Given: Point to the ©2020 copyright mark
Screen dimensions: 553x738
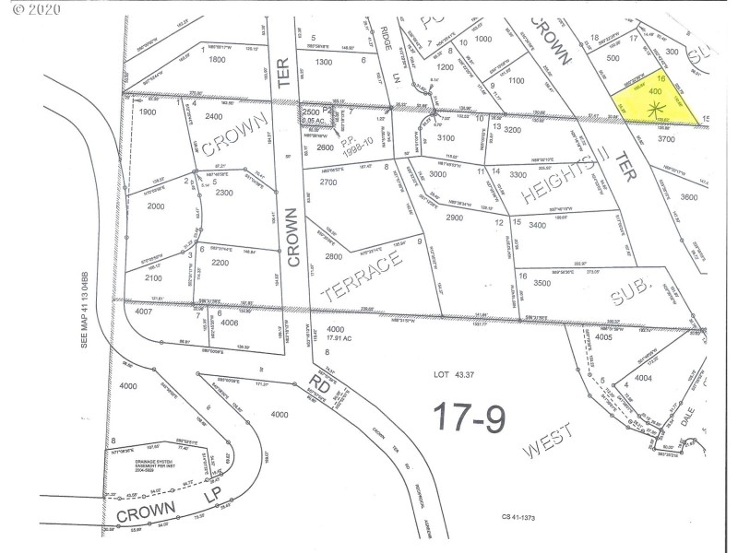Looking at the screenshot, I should pos(33,11).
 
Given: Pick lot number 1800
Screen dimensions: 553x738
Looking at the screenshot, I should pos(217,60).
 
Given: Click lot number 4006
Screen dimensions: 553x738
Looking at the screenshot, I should pos(230,323).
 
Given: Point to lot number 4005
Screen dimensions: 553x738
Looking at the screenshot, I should pos(603,337).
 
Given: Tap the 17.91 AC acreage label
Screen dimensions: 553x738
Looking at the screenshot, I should pos(337,337).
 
